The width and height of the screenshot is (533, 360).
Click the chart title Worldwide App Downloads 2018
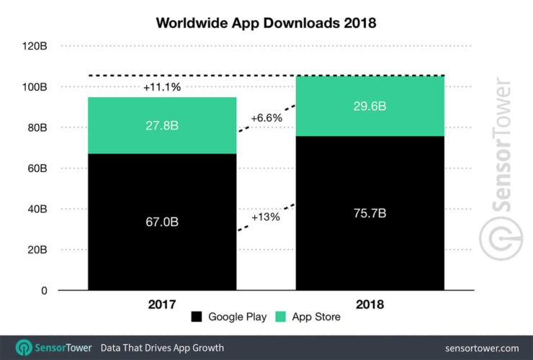coord(266,22)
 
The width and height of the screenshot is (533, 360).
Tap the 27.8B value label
coord(162,125)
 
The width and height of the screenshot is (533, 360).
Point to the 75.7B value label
coord(369,213)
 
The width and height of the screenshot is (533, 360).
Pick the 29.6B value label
coord(369,106)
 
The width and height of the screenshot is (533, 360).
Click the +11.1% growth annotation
coord(162,87)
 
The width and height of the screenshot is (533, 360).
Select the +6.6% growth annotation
coord(266,117)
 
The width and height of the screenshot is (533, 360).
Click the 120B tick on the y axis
coord(35,46)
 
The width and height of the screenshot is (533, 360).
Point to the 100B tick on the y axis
coord(35,87)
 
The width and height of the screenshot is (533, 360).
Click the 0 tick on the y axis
coord(44,291)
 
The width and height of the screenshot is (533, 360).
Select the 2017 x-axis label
coord(162,305)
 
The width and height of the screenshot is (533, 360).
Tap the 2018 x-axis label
coord(369,305)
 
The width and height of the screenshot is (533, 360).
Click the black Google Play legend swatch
coord(197,317)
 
